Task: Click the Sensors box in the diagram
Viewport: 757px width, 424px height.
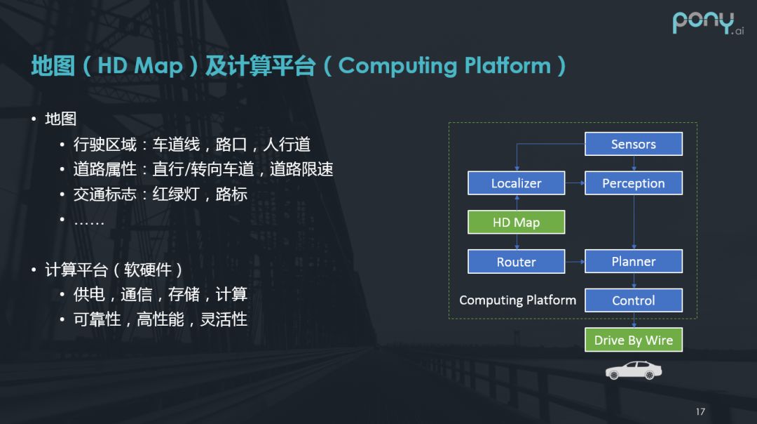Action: tap(633, 144)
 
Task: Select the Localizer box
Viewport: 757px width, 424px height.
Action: tap(516, 183)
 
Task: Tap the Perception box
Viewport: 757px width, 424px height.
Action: tap(633, 183)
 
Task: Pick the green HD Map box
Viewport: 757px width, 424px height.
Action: tap(516, 223)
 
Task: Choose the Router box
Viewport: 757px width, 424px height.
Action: tap(516, 262)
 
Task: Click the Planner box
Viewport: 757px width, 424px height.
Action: tap(633, 261)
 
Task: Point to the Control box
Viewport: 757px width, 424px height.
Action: tap(633, 300)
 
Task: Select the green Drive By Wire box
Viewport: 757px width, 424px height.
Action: tap(633, 340)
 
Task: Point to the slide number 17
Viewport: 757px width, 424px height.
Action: tap(700, 411)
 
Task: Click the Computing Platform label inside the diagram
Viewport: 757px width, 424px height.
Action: tap(517, 300)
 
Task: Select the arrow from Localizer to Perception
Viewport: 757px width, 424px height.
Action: tap(574, 183)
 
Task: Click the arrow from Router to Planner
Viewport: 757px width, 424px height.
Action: tap(574, 262)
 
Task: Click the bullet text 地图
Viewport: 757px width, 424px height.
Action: tap(61, 119)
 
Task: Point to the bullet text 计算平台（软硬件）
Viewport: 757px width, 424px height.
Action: tap(114, 270)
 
